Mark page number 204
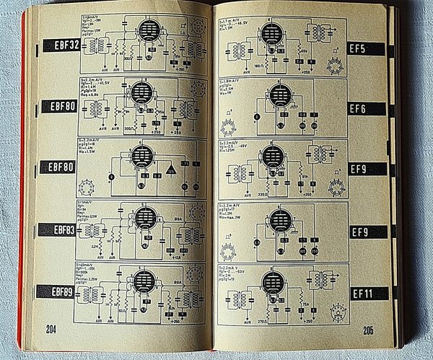pyautogui.click(x=51, y=329)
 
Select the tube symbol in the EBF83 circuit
pyautogui.click(x=145, y=219)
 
